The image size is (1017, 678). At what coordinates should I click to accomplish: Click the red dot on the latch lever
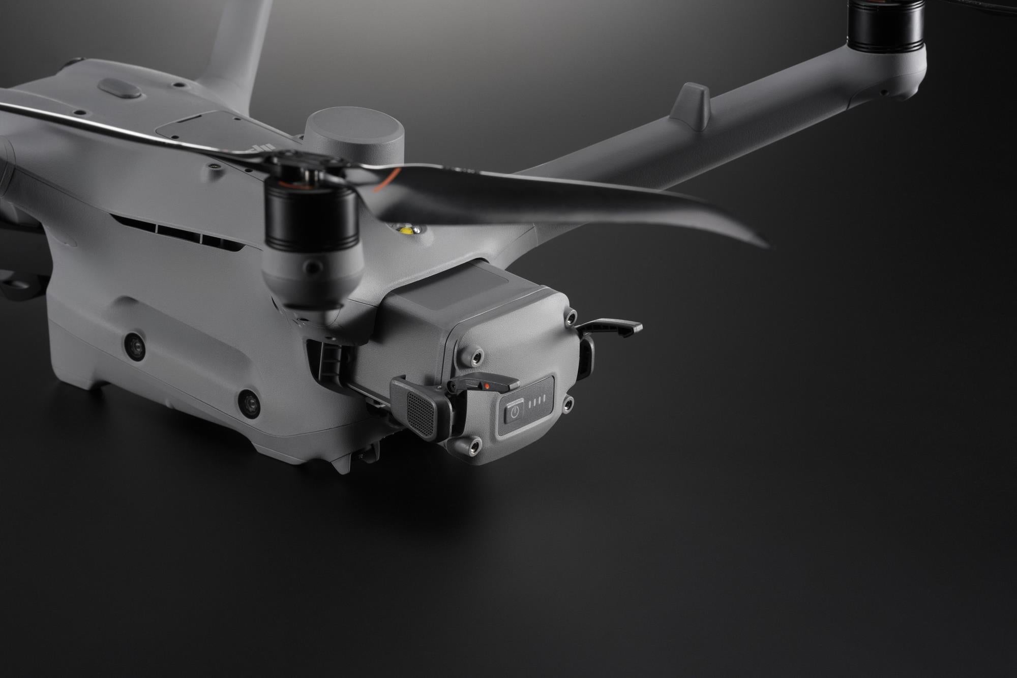pyautogui.click(x=487, y=386)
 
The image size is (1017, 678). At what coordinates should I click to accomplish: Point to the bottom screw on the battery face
pyautogui.click(x=474, y=446)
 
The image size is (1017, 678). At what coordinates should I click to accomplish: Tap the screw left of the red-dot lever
pyautogui.click(x=476, y=356)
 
